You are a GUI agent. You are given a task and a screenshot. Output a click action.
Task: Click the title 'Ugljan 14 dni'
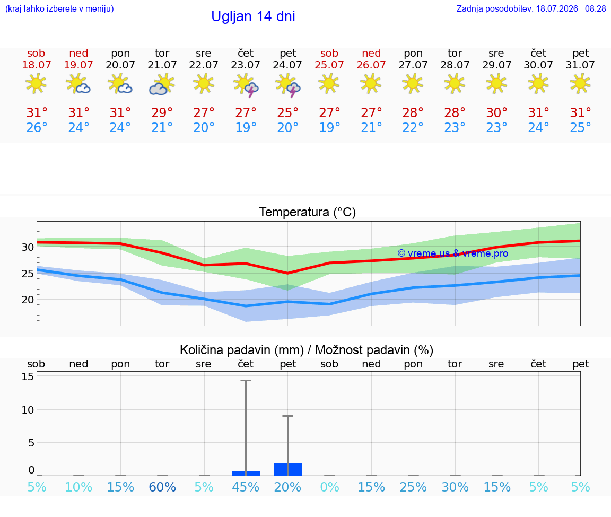253,16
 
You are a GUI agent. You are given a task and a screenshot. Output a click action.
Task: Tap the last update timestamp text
531,8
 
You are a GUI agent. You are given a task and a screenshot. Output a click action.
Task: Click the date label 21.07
162,65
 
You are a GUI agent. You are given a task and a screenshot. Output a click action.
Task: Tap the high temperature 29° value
162,112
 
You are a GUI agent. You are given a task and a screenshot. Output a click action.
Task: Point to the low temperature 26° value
37,127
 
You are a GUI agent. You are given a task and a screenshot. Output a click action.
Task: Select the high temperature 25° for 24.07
287,112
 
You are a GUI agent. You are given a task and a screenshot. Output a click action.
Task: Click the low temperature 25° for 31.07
580,127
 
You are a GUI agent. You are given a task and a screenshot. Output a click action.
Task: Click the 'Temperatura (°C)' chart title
308,212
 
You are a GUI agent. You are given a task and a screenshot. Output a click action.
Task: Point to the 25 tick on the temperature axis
28,274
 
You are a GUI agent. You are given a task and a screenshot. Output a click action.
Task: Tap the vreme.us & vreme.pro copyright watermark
453,253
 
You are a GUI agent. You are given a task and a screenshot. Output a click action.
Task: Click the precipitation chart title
307,350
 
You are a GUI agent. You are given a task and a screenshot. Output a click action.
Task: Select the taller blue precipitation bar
287,469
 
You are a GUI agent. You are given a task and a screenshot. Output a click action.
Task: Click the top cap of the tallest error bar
246,380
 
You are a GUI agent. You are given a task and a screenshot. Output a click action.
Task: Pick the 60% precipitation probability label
162,487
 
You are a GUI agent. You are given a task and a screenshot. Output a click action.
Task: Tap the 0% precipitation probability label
330,487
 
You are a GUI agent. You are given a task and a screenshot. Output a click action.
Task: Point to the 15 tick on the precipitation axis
28,376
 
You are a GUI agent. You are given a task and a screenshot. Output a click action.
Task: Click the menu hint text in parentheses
59,8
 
